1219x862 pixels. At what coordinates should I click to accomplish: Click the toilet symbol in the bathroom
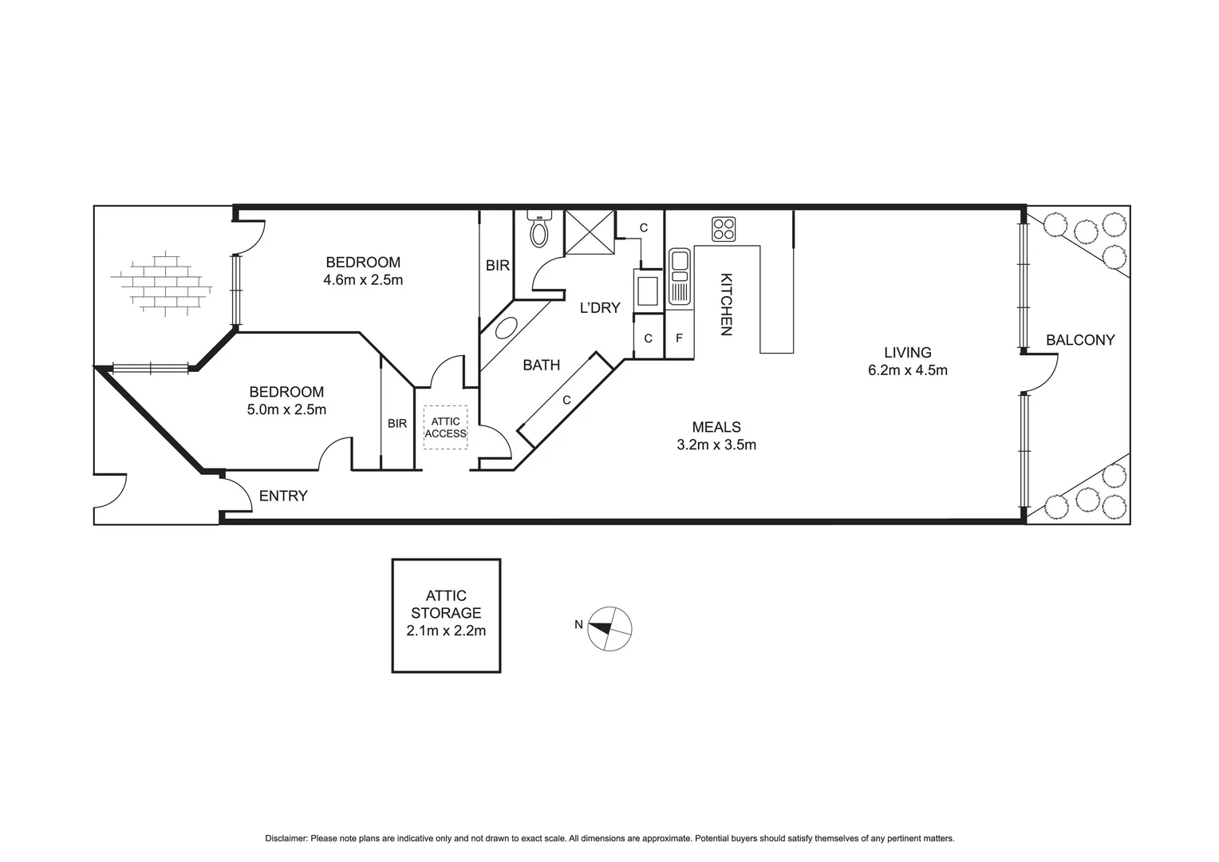pos(540,231)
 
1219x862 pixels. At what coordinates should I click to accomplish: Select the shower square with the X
pos(590,232)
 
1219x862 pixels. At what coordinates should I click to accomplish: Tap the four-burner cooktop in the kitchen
pos(724,229)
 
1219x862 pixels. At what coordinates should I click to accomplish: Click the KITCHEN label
pos(726,304)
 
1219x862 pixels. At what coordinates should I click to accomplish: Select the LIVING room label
pos(907,352)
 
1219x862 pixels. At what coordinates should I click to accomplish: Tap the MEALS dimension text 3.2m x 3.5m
pos(716,445)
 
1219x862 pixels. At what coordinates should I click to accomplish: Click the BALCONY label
pos(1080,340)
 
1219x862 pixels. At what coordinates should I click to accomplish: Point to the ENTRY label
pos(283,496)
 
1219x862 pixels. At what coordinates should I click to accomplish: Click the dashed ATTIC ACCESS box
pos(445,427)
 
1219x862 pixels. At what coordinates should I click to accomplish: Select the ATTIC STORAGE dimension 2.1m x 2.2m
pos(446,631)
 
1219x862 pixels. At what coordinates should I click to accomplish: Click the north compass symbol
pos(609,628)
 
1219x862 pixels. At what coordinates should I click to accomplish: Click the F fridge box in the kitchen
pos(679,338)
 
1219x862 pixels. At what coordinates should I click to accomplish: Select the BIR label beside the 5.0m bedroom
pos(397,423)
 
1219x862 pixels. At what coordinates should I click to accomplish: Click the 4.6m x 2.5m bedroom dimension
pos(363,280)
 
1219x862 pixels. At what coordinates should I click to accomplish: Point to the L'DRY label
pos(599,307)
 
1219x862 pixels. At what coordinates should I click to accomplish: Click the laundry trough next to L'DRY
pos(647,291)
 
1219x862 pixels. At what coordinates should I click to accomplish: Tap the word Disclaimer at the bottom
pos(286,839)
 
